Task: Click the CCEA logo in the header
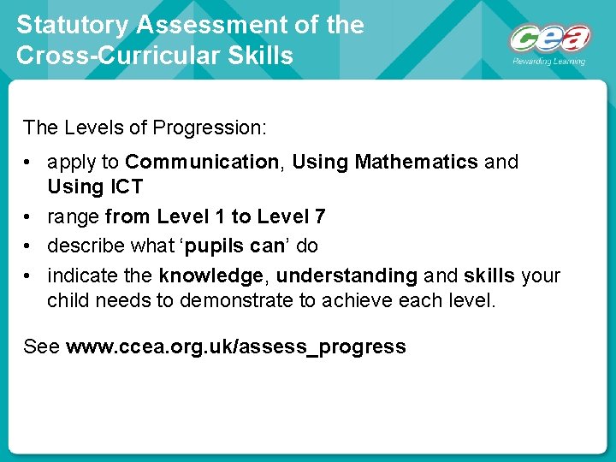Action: [549, 38]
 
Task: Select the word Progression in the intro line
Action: [208, 128]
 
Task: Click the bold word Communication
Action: [202, 162]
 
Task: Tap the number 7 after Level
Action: [320, 216]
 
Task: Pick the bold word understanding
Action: [346, 275]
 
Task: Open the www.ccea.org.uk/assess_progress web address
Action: [235, 347]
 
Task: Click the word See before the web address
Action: [41, 347]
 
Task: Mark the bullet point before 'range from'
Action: [29, 217]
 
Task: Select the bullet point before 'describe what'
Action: [29, 246]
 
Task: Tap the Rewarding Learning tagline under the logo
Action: [548, 62]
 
